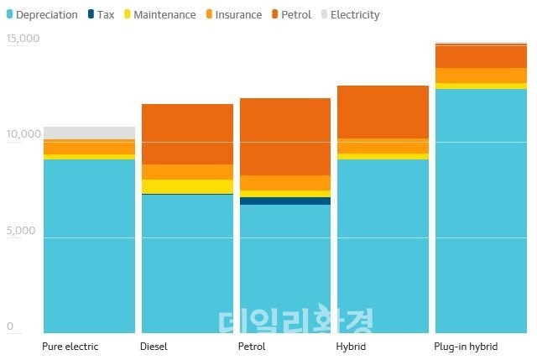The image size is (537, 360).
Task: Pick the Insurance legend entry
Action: (x=234, y=14)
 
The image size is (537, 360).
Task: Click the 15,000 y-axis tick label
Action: (x=23, y=39)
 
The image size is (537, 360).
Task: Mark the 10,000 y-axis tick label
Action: (x=23, y=134)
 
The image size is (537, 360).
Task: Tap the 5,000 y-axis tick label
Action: (x=20, y=230)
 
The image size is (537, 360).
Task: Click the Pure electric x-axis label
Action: (x=70, y=347)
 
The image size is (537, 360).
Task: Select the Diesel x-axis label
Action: (x=154, y=347)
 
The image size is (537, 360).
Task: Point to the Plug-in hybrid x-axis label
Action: (x=466, y=347)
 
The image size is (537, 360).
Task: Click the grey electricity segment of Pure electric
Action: (x=89, y=133)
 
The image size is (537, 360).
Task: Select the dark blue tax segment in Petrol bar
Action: (x=285, y=201)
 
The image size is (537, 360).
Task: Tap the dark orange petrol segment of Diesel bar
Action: (x=187, y=134)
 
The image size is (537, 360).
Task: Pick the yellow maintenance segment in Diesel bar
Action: (x=187, y=186)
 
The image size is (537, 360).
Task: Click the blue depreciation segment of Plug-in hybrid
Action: (x=481, y=210)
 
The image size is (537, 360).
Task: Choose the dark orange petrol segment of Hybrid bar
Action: (x=383, y=112)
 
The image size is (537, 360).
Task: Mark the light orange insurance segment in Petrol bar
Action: (x=285, y=183)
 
